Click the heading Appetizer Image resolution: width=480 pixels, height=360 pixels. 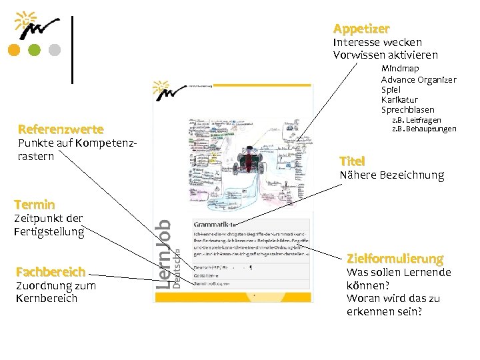361,29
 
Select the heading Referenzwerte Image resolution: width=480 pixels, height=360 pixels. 61,129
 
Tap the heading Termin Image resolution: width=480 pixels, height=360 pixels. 34,204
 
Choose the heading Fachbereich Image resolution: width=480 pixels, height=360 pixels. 51,272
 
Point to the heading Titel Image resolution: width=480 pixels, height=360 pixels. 352,161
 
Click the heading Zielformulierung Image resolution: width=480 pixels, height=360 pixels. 394,258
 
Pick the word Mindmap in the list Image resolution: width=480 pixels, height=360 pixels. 400,69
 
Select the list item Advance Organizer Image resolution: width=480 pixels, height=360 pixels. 419,79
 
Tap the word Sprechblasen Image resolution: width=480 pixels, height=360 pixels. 407,109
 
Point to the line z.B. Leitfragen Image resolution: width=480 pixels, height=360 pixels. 416,119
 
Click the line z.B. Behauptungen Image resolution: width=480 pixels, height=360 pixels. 423,128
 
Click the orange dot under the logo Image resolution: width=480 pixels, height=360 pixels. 14,51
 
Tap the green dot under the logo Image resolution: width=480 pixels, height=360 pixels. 35,51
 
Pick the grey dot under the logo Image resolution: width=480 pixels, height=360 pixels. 55,51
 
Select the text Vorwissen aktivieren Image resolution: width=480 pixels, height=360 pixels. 385,55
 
